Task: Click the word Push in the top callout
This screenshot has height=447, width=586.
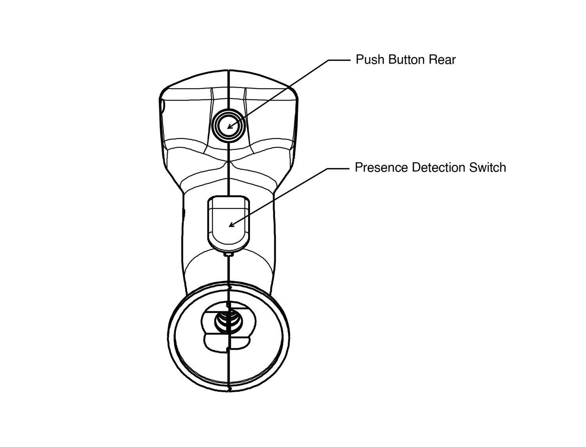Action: pos(370,60)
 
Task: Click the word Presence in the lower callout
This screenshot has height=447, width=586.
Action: pos(381,167)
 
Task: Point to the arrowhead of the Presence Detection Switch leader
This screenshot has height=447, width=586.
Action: pos(231,225)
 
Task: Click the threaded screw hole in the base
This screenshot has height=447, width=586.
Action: pos(229,321)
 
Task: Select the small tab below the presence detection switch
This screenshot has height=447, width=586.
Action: pos(229,254)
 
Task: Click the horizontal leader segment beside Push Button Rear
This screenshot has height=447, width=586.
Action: pos(339,60)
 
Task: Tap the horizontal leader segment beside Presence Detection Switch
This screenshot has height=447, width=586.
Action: pos(338,169)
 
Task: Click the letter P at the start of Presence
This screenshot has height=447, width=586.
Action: pos(358,167)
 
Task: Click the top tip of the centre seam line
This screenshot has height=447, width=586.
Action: pos(228,70)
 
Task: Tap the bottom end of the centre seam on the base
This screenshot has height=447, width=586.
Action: pos(229,390)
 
